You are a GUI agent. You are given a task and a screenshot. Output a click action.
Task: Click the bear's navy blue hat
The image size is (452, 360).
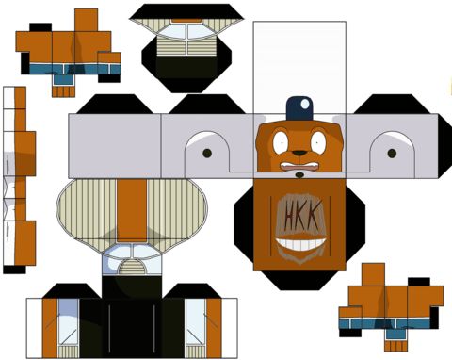[x=299, y=108]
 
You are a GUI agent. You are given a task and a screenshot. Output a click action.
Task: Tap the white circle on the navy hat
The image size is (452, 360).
[x=305, y=104]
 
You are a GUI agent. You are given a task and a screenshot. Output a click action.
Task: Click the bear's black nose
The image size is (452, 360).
[x=299, y=153]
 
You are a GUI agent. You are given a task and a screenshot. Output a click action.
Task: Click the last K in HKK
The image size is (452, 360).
[x=315, y=213]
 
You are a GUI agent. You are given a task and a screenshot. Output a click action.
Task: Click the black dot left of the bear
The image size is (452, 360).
[x=207, y=154]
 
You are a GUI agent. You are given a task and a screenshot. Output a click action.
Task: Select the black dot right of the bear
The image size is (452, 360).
[x=392, y=154]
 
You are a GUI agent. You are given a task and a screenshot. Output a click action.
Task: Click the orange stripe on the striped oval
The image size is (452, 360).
[x=132, y=210]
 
